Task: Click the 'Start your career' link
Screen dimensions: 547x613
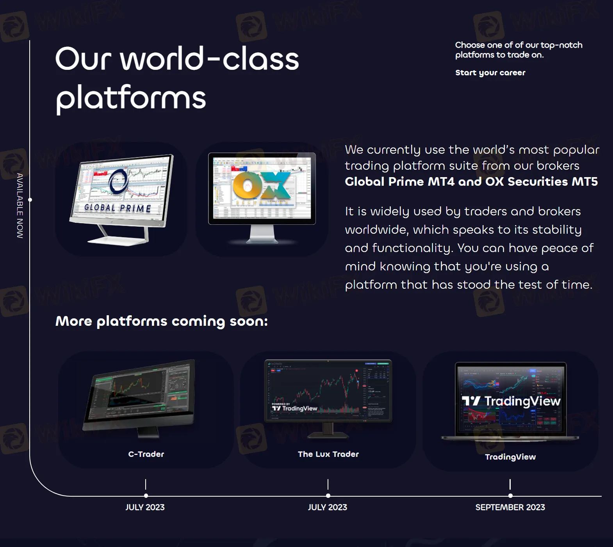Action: (490, 73)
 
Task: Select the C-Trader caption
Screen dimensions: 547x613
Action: (146, 454)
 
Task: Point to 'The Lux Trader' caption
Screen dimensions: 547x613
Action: (328, 454)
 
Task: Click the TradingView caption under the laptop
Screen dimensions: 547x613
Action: (510, 457)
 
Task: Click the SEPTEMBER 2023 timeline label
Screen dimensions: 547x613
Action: (510, 507)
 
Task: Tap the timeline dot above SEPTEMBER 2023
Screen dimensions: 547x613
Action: (510, 495)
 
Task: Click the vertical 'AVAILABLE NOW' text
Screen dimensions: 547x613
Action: (20, 206)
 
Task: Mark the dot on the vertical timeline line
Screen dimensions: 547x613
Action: (30, 200)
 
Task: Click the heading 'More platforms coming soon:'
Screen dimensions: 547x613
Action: (162, 321)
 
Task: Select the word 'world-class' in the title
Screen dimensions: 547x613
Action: (210, 59)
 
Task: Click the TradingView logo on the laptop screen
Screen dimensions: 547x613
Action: (511, 401)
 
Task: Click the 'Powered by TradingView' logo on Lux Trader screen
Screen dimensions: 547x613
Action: (294, 408)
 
